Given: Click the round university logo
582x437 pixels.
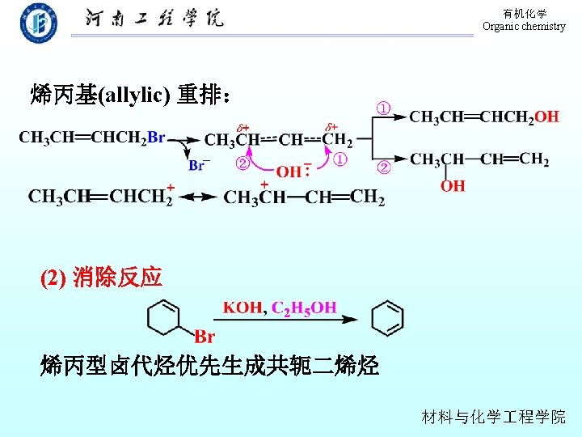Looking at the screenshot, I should pos(39,23).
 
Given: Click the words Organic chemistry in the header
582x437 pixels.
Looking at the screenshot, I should pos(524,27).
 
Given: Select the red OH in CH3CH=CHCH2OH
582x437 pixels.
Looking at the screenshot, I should pos(546,117).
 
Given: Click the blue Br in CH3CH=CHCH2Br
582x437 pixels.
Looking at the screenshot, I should pos(156,138).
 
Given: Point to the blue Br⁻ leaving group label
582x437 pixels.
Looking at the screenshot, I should pos(198,165).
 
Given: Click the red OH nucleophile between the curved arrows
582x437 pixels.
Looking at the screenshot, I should pos(289,172).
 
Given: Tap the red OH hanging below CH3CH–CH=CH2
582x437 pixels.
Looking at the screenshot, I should pos(453,185).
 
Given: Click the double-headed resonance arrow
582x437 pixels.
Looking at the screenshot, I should pos(198,197).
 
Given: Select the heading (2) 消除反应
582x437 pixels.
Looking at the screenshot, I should pos(102,278).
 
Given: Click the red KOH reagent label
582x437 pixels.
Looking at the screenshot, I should pos(243,308).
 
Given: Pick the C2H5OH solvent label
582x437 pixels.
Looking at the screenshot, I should pos(304,308).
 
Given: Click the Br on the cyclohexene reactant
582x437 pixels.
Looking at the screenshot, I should pos(205,337).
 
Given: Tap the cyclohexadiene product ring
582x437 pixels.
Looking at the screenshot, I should pos(386,318).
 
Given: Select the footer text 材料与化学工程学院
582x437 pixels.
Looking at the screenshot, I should pos(494,417).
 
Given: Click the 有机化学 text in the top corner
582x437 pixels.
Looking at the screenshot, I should pos(525,14).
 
